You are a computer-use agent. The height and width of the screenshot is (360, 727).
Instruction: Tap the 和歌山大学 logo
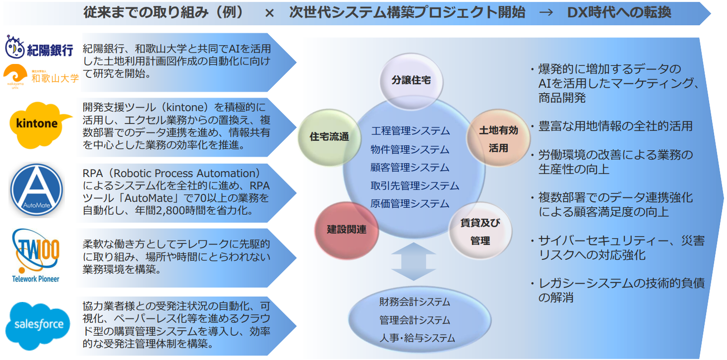(41, 76)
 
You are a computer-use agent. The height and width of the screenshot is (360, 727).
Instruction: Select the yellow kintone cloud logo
(39, 125)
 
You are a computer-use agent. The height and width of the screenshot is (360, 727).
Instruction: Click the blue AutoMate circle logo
(37, 190)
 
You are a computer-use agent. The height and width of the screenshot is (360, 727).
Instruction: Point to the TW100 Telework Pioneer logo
(36, 256)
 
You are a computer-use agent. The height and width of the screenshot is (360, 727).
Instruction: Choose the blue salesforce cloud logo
(38, 326)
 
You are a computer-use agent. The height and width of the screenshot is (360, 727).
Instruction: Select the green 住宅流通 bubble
(329, 138)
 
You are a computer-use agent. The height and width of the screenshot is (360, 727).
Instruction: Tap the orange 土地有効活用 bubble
(498, 139)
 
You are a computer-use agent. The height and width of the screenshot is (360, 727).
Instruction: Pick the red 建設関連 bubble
(347, 230)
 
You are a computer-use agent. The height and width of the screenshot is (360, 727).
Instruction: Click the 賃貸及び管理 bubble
(481, 231)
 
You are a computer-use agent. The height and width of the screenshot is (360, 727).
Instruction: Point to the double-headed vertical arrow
(414, 261)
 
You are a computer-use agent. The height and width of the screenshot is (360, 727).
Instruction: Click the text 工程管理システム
(411, 131)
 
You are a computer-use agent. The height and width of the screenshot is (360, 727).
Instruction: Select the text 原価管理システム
(410, 204)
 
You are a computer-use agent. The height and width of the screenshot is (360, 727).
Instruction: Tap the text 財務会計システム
(415, 302)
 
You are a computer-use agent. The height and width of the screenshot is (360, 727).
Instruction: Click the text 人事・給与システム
(418, 338)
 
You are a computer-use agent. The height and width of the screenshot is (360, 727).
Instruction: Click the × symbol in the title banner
(269, 13)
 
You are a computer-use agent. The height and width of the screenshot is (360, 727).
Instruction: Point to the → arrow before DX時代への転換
(546, 13)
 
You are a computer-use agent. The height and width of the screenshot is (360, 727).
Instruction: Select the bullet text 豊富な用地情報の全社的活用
(615, 126)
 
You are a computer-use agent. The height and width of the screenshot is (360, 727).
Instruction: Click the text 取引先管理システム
(415, 185)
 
